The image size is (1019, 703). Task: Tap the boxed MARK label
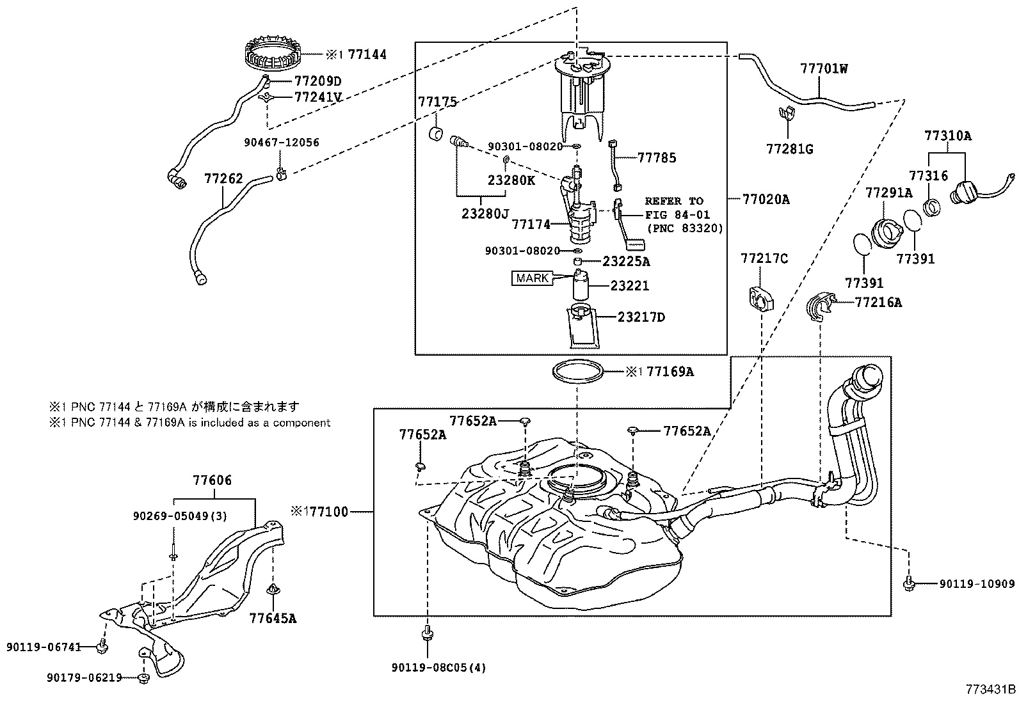531,278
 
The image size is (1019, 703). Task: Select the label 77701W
823,68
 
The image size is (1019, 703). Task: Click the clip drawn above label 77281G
785,114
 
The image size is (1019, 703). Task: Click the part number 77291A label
888,192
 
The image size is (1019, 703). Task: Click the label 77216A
878,302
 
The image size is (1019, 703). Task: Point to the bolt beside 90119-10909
909,583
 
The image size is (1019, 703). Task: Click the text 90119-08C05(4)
438,668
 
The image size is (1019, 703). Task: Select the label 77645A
273,618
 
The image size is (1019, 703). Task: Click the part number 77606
212,480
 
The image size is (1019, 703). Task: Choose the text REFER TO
673,201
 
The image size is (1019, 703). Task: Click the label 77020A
766,200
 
